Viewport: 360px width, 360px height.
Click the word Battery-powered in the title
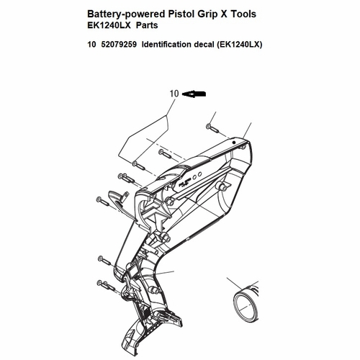tap(126, 14)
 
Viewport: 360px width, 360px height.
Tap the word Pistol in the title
tap(181, 14)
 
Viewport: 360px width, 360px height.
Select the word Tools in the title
tap(243, 14)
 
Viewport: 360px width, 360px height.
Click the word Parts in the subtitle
tap(147, 25)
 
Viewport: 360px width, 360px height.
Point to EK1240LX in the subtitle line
tap(109, 25)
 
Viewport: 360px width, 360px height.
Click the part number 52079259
tap(119, 45)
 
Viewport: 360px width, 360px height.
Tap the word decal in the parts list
tap(204, 45)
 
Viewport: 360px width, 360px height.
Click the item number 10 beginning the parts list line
tap(91, 45)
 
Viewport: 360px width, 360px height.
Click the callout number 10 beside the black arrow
tap(174, 94)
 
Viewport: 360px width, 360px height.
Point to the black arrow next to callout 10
tap(194, 94)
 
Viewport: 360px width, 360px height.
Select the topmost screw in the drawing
tap(212, 128)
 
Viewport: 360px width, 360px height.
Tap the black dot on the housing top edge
tap(234, 143)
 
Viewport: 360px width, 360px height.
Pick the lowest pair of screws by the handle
tap(107, 285)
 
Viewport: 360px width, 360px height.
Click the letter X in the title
tap(223, 14)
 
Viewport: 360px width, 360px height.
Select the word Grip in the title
tap(207, 14)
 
